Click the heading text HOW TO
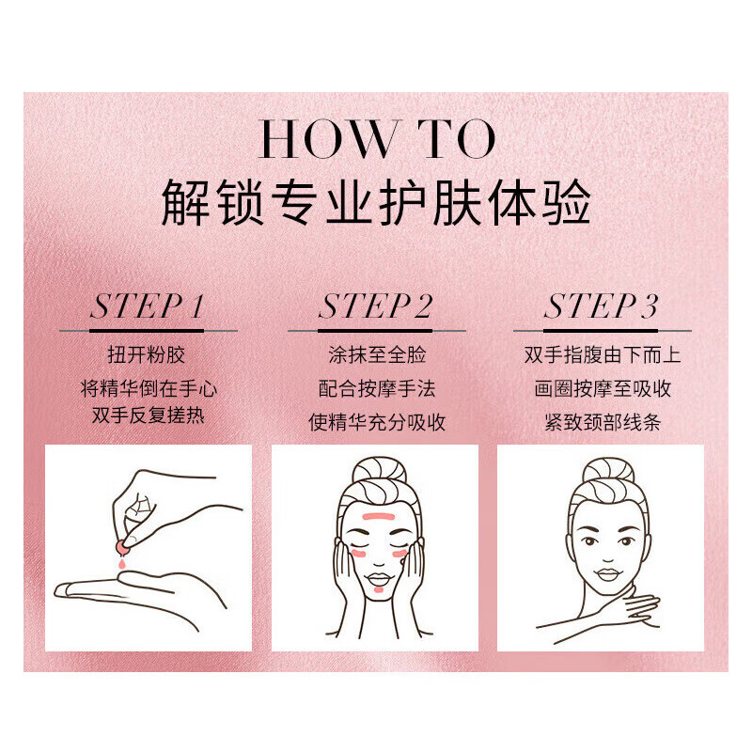point(376,139)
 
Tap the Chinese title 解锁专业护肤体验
point(376,200)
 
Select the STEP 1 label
point(148,307)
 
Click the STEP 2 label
point(376,307)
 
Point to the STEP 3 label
point(602,307)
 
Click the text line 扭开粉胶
point(148,355)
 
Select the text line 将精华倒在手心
point(148,388)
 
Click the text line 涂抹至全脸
point(376,355)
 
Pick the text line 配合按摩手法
point(376,388)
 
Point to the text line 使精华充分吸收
point(376,422)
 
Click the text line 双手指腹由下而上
point(602,355)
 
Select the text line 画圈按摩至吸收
point(602,388)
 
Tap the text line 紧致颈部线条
point(602,422)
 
